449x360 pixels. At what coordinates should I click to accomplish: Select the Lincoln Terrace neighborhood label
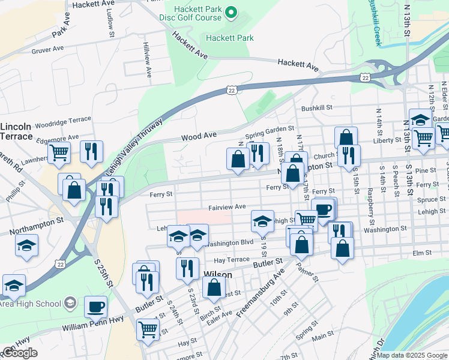click(x=16, y=131)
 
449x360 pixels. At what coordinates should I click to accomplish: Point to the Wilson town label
click(x=218, y=274)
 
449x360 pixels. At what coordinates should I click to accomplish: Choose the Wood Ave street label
click(x=199, y=136)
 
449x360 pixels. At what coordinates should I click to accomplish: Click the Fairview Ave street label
click(x=227, y=206)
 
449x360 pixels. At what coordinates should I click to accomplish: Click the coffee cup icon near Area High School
click(x=95, y=307)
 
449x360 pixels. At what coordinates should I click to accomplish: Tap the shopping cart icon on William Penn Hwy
click(x=148, y=328)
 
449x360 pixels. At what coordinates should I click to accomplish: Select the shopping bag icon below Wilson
click(x=214, y=287)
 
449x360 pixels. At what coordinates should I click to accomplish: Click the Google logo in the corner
click(x=20, y=352)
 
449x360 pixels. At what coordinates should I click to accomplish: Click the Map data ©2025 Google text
click(x=412, y=355)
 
